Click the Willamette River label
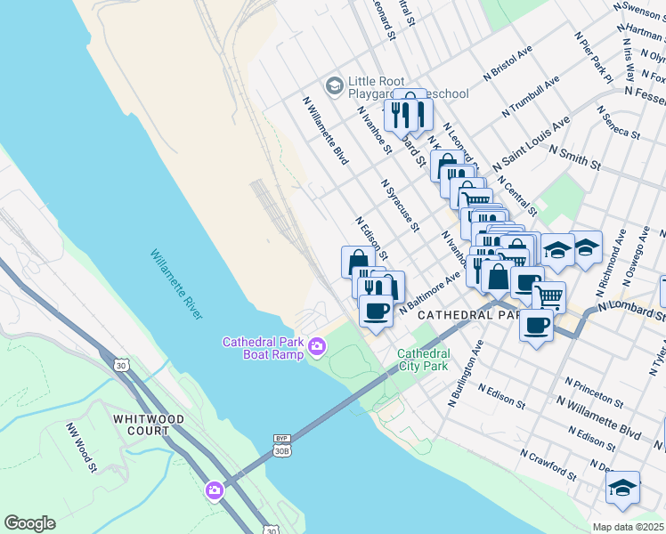[176, 284]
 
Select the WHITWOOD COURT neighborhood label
[149, 425]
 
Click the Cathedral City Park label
[424, 360]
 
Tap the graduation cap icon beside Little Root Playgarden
[335, 85]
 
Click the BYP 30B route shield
[282, 444]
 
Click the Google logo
[29, 523]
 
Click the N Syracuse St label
[400, 205]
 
